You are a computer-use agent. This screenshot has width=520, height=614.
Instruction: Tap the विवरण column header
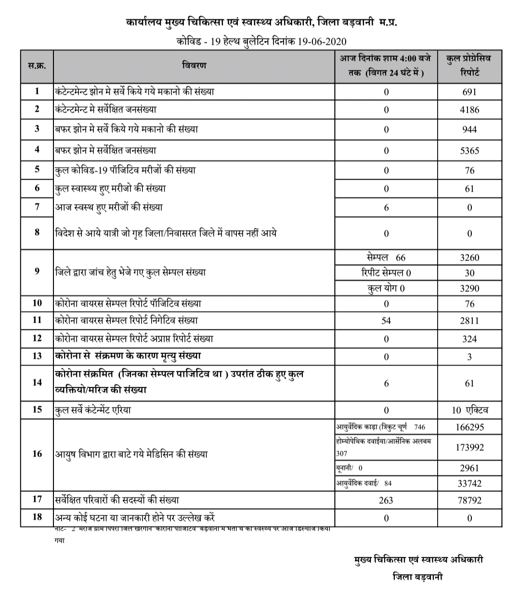pos(195,65)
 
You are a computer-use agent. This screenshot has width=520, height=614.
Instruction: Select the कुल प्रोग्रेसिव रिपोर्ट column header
pos(469,66)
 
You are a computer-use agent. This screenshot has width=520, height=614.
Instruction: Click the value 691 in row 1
pos(469,92)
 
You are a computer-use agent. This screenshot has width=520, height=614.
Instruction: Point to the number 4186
pos(469,110)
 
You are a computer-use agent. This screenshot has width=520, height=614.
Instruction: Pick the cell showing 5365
pos(469,151)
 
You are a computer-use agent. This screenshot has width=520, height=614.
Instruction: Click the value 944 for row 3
pos(469,130)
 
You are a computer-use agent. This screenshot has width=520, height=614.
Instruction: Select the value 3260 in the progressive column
pos(469,258)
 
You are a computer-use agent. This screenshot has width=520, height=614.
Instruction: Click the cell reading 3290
pos(469,288)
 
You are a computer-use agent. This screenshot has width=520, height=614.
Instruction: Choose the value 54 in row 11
pos(386,321)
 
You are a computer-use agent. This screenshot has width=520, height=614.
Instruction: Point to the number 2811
pos(469,321)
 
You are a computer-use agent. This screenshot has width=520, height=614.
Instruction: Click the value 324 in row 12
pos(469,339)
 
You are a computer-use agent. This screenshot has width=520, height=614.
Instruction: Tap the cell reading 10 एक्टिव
pos(469,410)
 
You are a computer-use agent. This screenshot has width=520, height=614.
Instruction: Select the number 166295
pos(469,427)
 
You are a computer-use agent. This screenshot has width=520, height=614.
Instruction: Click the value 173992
pos(469,447)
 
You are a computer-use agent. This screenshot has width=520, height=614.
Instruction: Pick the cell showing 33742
pos(469,483)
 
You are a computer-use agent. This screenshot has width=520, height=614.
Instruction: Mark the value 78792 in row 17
pos(469,500)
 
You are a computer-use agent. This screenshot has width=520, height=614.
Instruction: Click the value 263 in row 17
pos(386,500)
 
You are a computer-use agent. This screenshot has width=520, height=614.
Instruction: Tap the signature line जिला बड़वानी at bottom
pos(417,577)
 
